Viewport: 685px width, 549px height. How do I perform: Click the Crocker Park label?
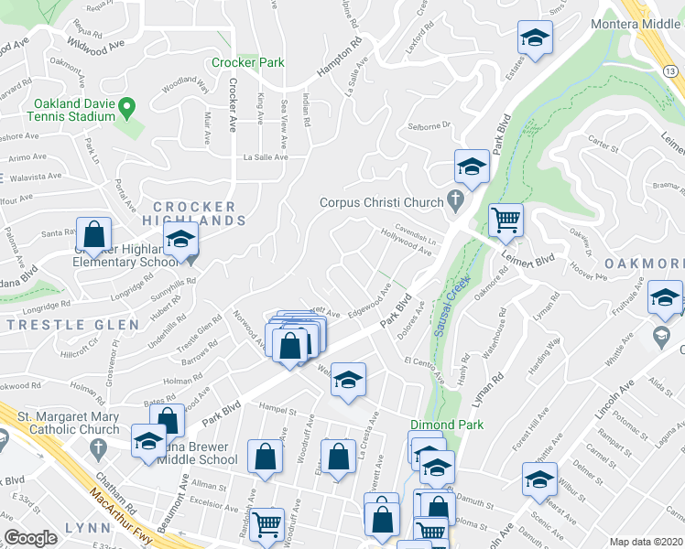(x=247, y=63)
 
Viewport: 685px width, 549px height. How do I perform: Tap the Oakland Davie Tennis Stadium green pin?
(x=127, y=107)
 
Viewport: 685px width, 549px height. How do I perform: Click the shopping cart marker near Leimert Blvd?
(x=506, y=221)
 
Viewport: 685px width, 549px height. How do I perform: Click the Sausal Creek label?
(x=449, y=307)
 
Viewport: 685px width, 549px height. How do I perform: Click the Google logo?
(x=31, y=538)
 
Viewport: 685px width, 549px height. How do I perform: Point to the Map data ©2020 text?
(x=646, y=542)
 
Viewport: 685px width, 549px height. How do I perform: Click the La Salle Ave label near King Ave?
(x=265, y=157)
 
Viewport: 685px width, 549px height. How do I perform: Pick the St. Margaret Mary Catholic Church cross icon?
(x=97, y=447)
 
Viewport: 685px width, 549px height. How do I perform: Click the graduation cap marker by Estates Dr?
(x=533, y=38)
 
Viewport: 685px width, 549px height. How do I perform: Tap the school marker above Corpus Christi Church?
(x=471, y=167)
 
